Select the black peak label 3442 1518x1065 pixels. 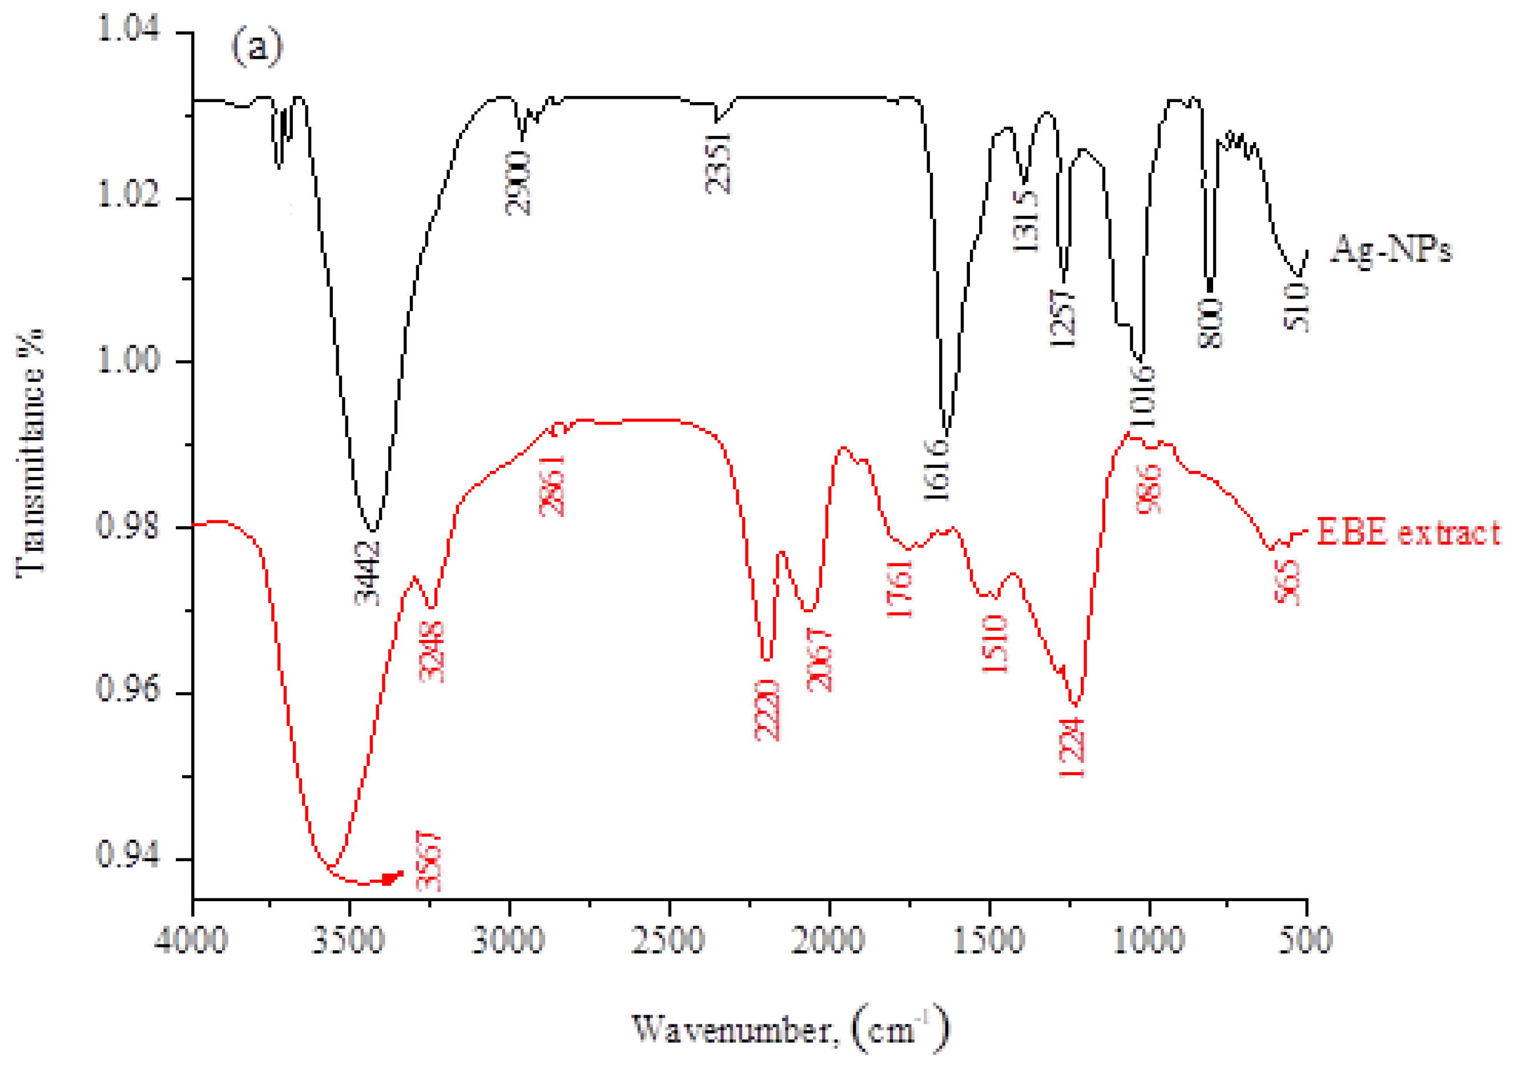tap(368, 572)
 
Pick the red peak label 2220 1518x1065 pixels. tap(767, 710)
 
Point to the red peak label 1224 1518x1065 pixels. tap(1072, 748)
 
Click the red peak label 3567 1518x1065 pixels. tap(428, 861)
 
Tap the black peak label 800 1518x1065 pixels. tap(1210, 322)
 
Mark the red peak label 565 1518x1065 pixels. tap(1287, 582)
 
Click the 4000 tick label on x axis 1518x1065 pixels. tap(192, 939)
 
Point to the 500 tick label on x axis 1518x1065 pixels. tap(1305, 939)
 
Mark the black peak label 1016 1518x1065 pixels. tap(1142, 397)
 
